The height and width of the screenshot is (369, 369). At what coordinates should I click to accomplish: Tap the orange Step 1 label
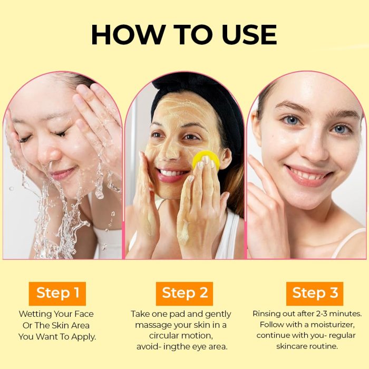[x=57, y=294]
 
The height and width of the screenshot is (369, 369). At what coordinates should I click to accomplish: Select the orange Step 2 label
[x=184, y=294]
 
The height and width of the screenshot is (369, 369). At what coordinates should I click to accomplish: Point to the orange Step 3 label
[x=315, y=294]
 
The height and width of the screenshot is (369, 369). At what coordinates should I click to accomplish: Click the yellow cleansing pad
[x=206, y=159]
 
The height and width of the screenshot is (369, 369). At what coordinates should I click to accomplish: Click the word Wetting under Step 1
[x=35, y=314]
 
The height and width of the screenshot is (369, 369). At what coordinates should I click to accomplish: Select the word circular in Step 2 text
[x=162, y=336]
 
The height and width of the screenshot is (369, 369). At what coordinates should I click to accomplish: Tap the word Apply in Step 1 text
[x=84, y=337]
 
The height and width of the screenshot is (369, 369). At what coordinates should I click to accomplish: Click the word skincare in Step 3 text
[x=292, y=346]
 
